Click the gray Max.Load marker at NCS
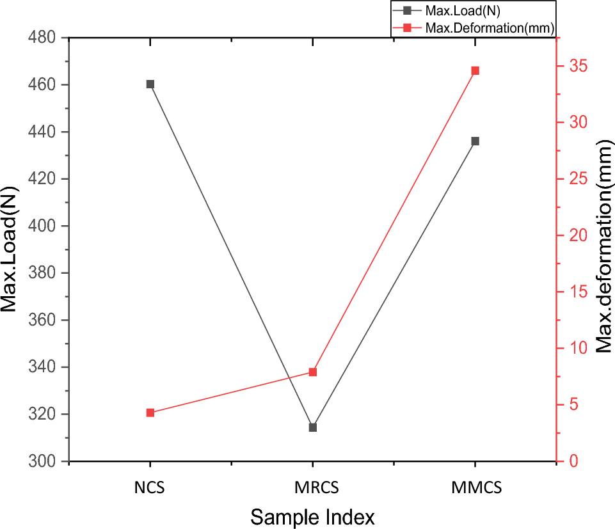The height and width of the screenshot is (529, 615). click(x=150, y=84)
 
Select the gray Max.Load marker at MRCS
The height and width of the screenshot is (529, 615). click(x=313, y=427)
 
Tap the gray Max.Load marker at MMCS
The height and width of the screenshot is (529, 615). click(x=475, y=141)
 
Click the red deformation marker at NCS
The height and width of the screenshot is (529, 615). click(x=150, y=413)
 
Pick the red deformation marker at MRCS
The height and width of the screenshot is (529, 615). click(x=313, y=372)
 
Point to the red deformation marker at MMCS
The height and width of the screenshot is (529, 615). click(x=475, y=70)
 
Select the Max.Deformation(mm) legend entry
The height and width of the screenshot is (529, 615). click(x=480, y=27)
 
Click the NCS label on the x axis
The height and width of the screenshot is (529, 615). click(x=150, y=488)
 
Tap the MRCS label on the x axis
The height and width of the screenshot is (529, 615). click(x=313, y=488)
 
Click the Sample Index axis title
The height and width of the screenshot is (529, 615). click(x=312, y=516)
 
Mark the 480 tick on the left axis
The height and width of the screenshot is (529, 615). click(x=44, y=38)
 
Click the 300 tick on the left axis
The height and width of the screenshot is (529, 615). click(x=44, y=461)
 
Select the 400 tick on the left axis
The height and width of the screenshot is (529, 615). click(x=44, y=226)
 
